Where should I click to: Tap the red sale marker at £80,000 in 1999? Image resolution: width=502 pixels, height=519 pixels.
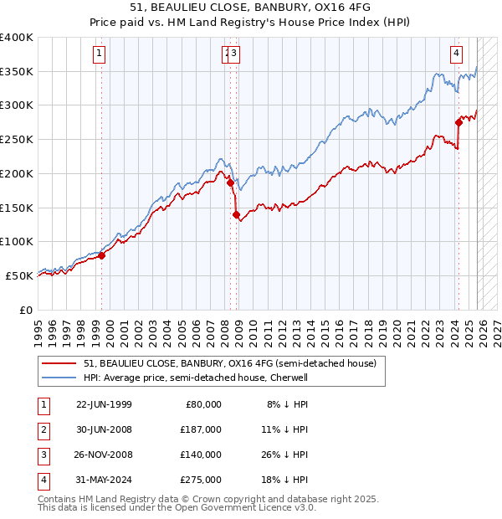click(101, 255)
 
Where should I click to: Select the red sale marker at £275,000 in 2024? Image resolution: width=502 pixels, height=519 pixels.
click(458, 122)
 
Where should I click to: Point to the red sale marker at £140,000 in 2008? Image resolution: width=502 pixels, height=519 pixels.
click(236, 214)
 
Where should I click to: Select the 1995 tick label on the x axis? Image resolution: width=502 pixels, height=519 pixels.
click(38, 327)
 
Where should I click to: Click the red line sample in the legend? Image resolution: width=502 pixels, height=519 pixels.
click(59, 364)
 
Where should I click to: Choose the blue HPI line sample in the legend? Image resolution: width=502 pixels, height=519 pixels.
click(59, 378)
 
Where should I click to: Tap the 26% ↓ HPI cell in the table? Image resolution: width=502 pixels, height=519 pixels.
click(287, 455)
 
